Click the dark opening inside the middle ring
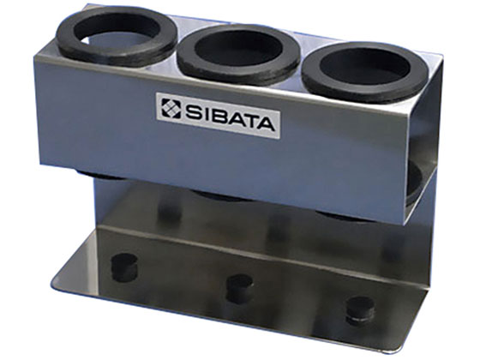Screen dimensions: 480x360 point(239,50)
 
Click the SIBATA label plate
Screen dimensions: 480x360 point(218,116)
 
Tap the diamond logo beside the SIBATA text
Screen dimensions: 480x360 point(171,108)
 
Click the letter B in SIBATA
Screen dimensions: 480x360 point(215,116)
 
